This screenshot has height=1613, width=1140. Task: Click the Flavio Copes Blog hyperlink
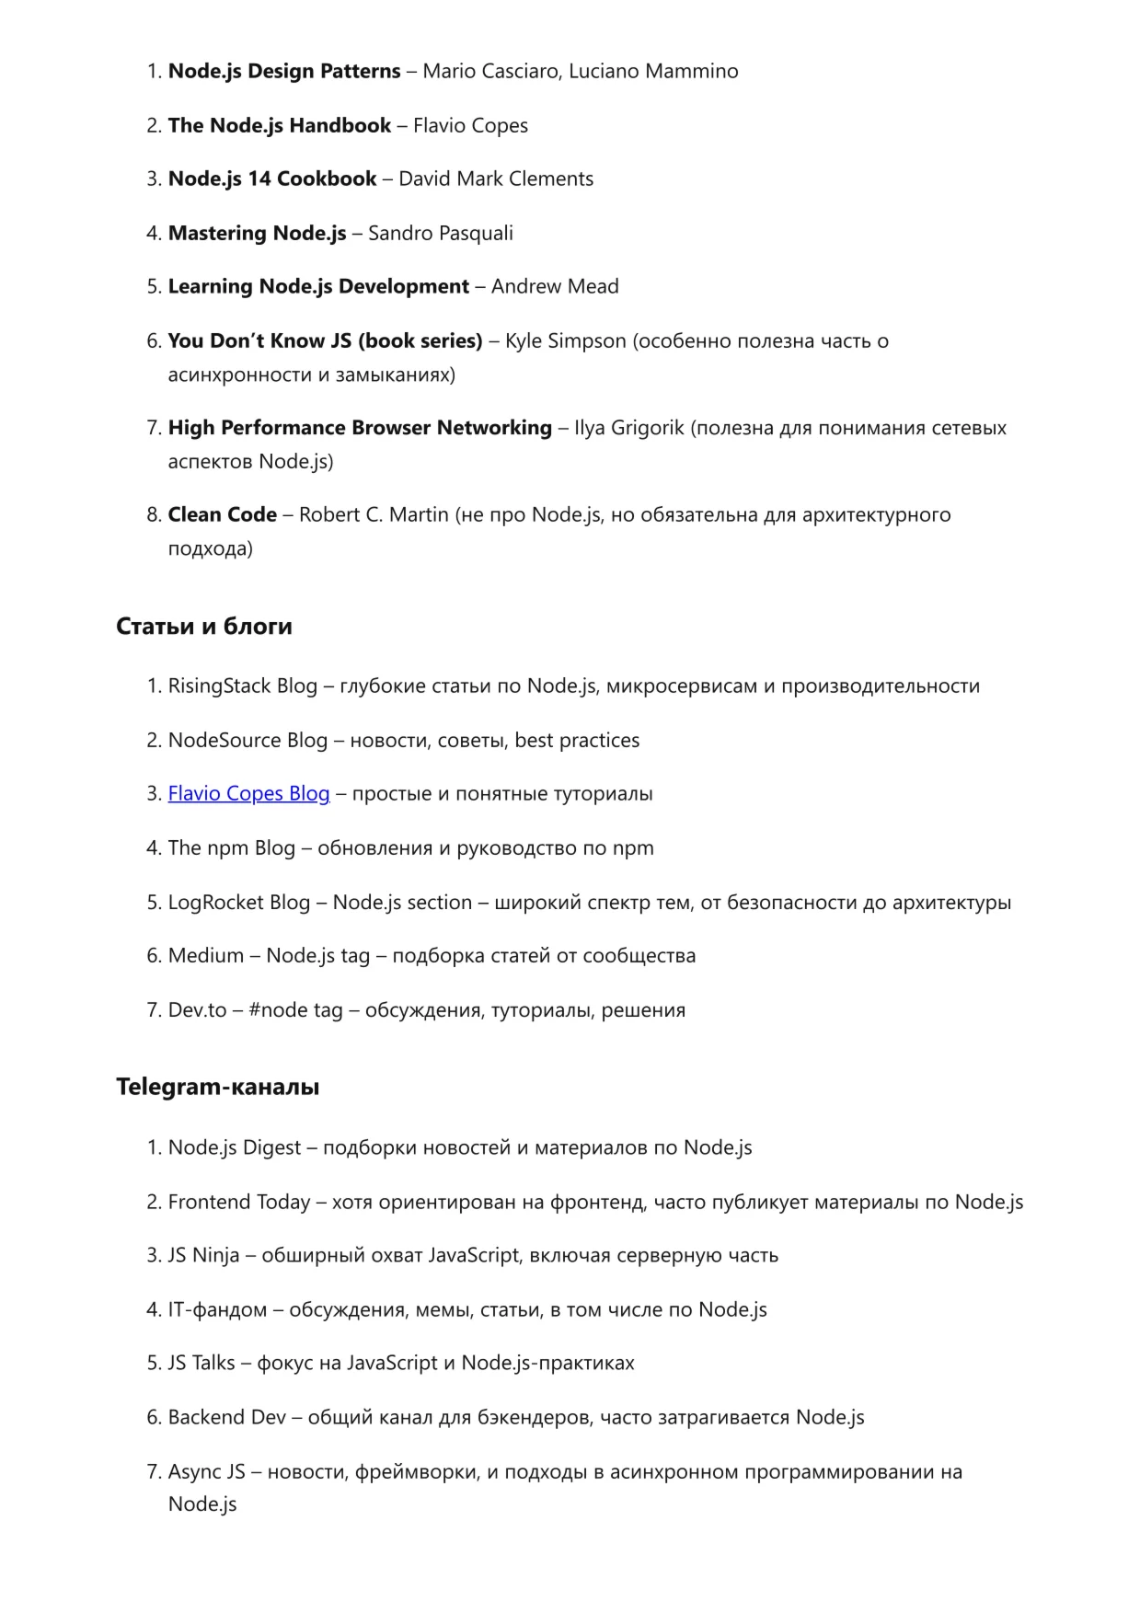click(248, 793)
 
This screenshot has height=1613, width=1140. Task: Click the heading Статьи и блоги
click(204, 627)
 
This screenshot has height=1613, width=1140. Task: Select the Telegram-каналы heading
click(218, 1087)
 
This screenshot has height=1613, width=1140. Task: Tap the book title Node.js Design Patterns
click(284, 71)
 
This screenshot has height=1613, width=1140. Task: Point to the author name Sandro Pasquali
click(441, 233)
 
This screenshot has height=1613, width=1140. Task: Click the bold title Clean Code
click(223, 514)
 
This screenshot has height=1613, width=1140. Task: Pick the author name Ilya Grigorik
click(629, 428)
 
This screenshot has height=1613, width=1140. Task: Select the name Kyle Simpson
click(566, 341)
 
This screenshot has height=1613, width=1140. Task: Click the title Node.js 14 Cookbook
click(272, 179)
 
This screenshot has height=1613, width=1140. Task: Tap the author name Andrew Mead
click(555, 286)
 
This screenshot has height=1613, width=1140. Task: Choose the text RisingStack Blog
click(243, 686)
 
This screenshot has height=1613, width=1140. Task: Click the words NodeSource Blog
click(248, 740)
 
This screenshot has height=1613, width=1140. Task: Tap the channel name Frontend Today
click(239, 1202)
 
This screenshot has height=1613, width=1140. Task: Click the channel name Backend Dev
click(227, 1417)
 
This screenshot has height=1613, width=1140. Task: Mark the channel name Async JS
click(207, 1471)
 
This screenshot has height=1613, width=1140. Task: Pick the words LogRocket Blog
click(239, 903)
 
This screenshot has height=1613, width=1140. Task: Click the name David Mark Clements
click(496, 179)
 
